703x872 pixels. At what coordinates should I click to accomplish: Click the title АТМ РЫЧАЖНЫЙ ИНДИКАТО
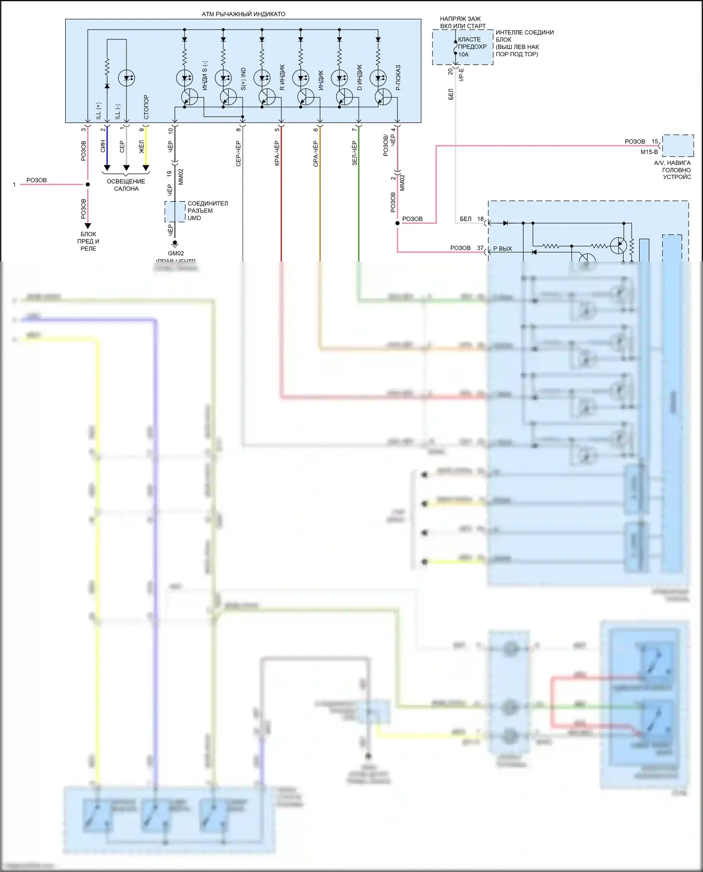click(243, 14)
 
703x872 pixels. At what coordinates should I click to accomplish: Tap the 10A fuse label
click(463, 54)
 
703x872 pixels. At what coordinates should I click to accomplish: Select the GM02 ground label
click(176, 253)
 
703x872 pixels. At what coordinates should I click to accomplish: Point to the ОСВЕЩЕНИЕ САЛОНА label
click(126, 185)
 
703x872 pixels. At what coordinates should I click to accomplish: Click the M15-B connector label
click(649, 152)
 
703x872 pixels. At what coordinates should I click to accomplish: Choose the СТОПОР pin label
click(146, 107)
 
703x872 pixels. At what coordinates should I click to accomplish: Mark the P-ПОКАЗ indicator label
click(398, 78)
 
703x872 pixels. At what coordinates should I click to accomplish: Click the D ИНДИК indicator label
click(359, 78)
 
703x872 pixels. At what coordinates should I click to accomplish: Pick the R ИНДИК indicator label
click(282, 78)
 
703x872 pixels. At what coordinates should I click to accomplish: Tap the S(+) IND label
click(243, 79)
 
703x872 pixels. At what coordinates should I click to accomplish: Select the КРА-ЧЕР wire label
click(277, 153)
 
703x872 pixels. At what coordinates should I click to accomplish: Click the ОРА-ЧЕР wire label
click(315, 153)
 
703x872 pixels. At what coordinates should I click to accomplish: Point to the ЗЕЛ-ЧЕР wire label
click(354, 153)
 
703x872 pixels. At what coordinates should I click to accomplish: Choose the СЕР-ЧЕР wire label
click(238, 153)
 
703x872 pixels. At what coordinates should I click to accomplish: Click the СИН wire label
click(103, 146)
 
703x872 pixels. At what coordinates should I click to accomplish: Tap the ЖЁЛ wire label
click(142, 146)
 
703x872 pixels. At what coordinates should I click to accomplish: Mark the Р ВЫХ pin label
click(502, 248)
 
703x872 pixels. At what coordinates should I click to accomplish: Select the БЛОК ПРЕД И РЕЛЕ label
click(88, 241)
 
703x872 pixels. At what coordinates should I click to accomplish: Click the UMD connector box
click(175, 212)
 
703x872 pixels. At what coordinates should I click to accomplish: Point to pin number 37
click(480, 248)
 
